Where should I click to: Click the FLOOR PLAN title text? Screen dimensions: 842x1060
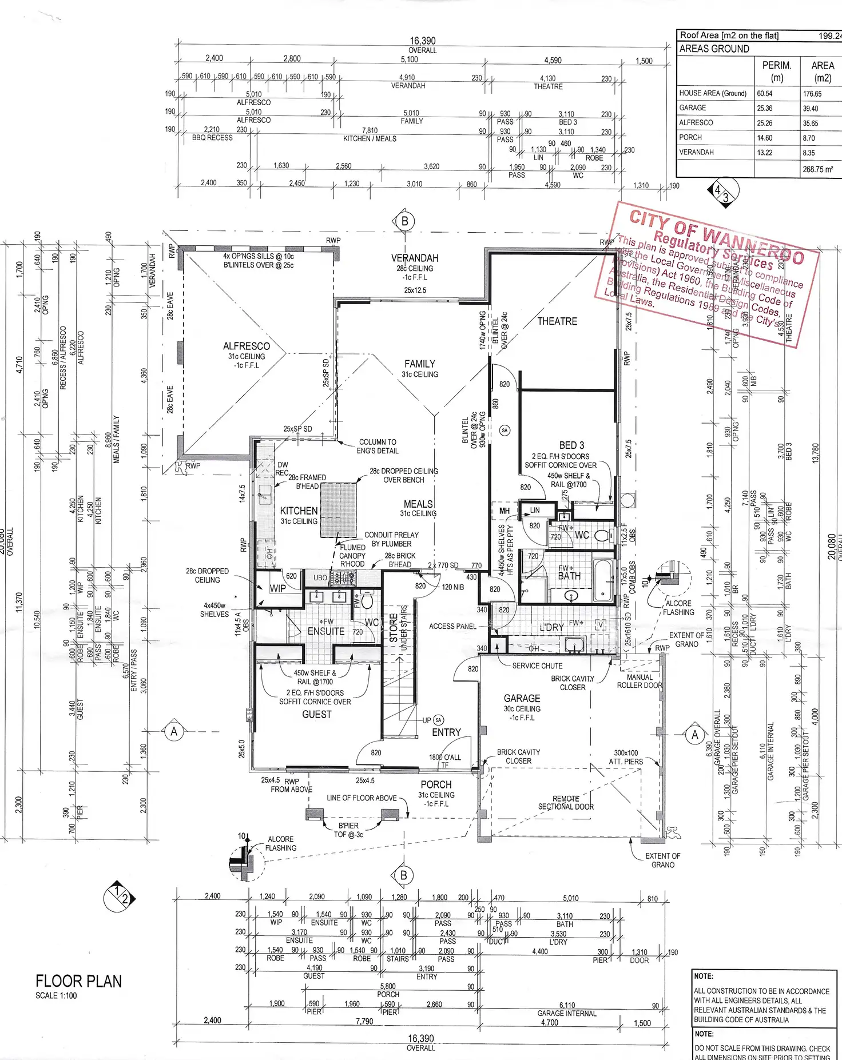coord(78,981)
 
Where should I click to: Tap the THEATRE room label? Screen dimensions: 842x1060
coord(557,321)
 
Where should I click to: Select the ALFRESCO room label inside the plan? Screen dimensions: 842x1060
coord(247,346)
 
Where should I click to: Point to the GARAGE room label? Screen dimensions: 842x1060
coord(522,698)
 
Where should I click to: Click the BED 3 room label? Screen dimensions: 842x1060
coord(571,445)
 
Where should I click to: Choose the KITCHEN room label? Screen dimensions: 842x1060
coord(299,511)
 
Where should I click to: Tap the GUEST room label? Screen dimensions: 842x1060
coord(317,714)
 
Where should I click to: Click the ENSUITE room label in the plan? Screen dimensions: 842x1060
coord(326,631)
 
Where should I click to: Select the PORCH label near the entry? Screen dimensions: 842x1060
coord(436,784)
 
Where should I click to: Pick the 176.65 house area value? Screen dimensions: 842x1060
coord(812,94)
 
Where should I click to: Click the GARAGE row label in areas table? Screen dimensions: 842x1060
coord(693,108)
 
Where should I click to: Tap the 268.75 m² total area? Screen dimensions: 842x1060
coord(817,169)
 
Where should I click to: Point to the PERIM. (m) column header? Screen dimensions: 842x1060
coord(777,71)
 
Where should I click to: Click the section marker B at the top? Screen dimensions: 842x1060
coord(404,221)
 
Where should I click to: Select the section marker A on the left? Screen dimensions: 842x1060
coord(174,731)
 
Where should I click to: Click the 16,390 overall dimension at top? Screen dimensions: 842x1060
coord(422,41)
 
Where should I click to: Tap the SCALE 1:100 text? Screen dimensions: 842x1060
coord(56,995)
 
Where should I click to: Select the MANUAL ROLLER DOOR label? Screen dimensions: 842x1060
coord(640,681)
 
